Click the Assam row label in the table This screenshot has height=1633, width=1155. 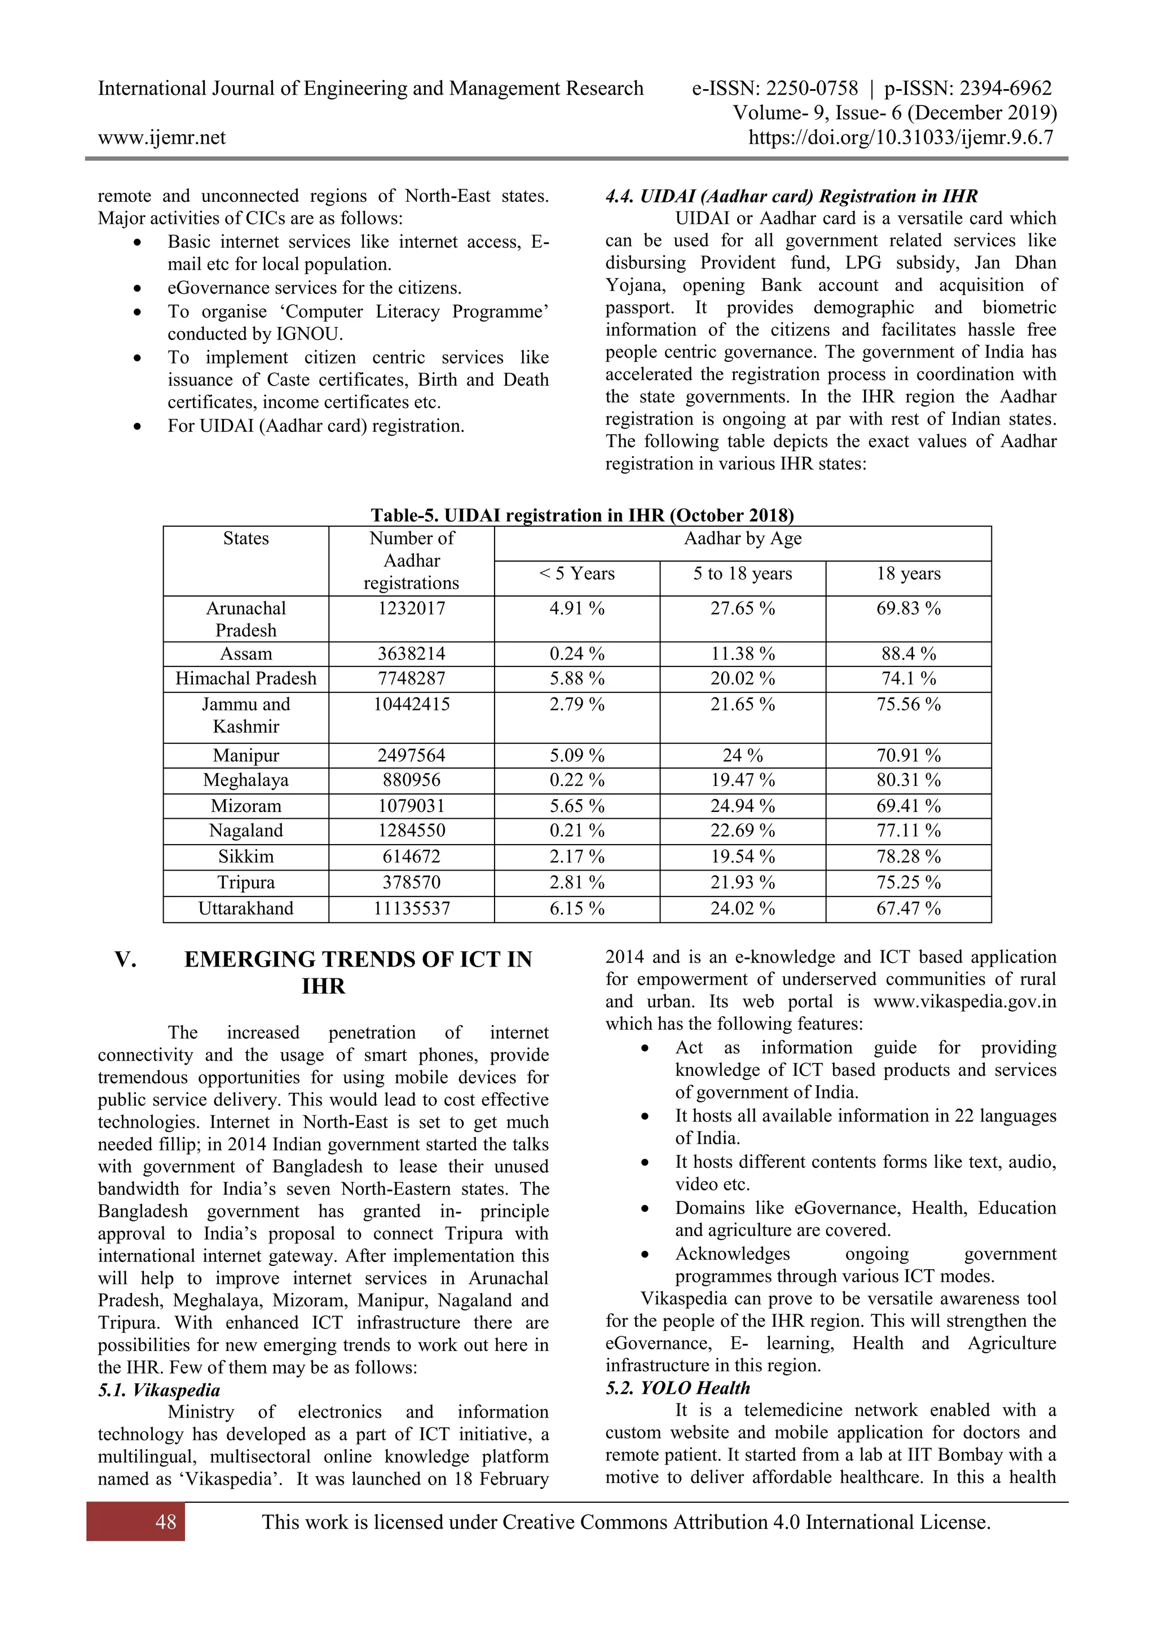245,654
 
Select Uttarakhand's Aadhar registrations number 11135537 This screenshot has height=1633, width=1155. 412,908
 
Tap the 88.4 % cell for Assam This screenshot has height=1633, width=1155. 908,654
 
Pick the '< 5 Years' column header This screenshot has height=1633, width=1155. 577,573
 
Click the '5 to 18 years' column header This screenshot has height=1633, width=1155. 743,573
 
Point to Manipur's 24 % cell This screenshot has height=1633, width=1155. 743,756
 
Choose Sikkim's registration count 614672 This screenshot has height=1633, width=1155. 412,857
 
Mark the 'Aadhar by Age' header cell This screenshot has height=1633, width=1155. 743,539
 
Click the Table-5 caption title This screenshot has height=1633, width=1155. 582,515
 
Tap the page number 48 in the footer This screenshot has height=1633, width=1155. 166,1522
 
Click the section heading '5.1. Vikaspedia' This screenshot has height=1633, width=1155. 159,1390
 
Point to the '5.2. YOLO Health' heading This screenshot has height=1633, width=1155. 678,1388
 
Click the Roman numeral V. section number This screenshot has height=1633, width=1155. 126,960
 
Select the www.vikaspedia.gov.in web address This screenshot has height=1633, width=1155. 964,1001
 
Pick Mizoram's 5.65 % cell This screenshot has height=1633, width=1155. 577,806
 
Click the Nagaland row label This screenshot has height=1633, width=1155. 245,831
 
